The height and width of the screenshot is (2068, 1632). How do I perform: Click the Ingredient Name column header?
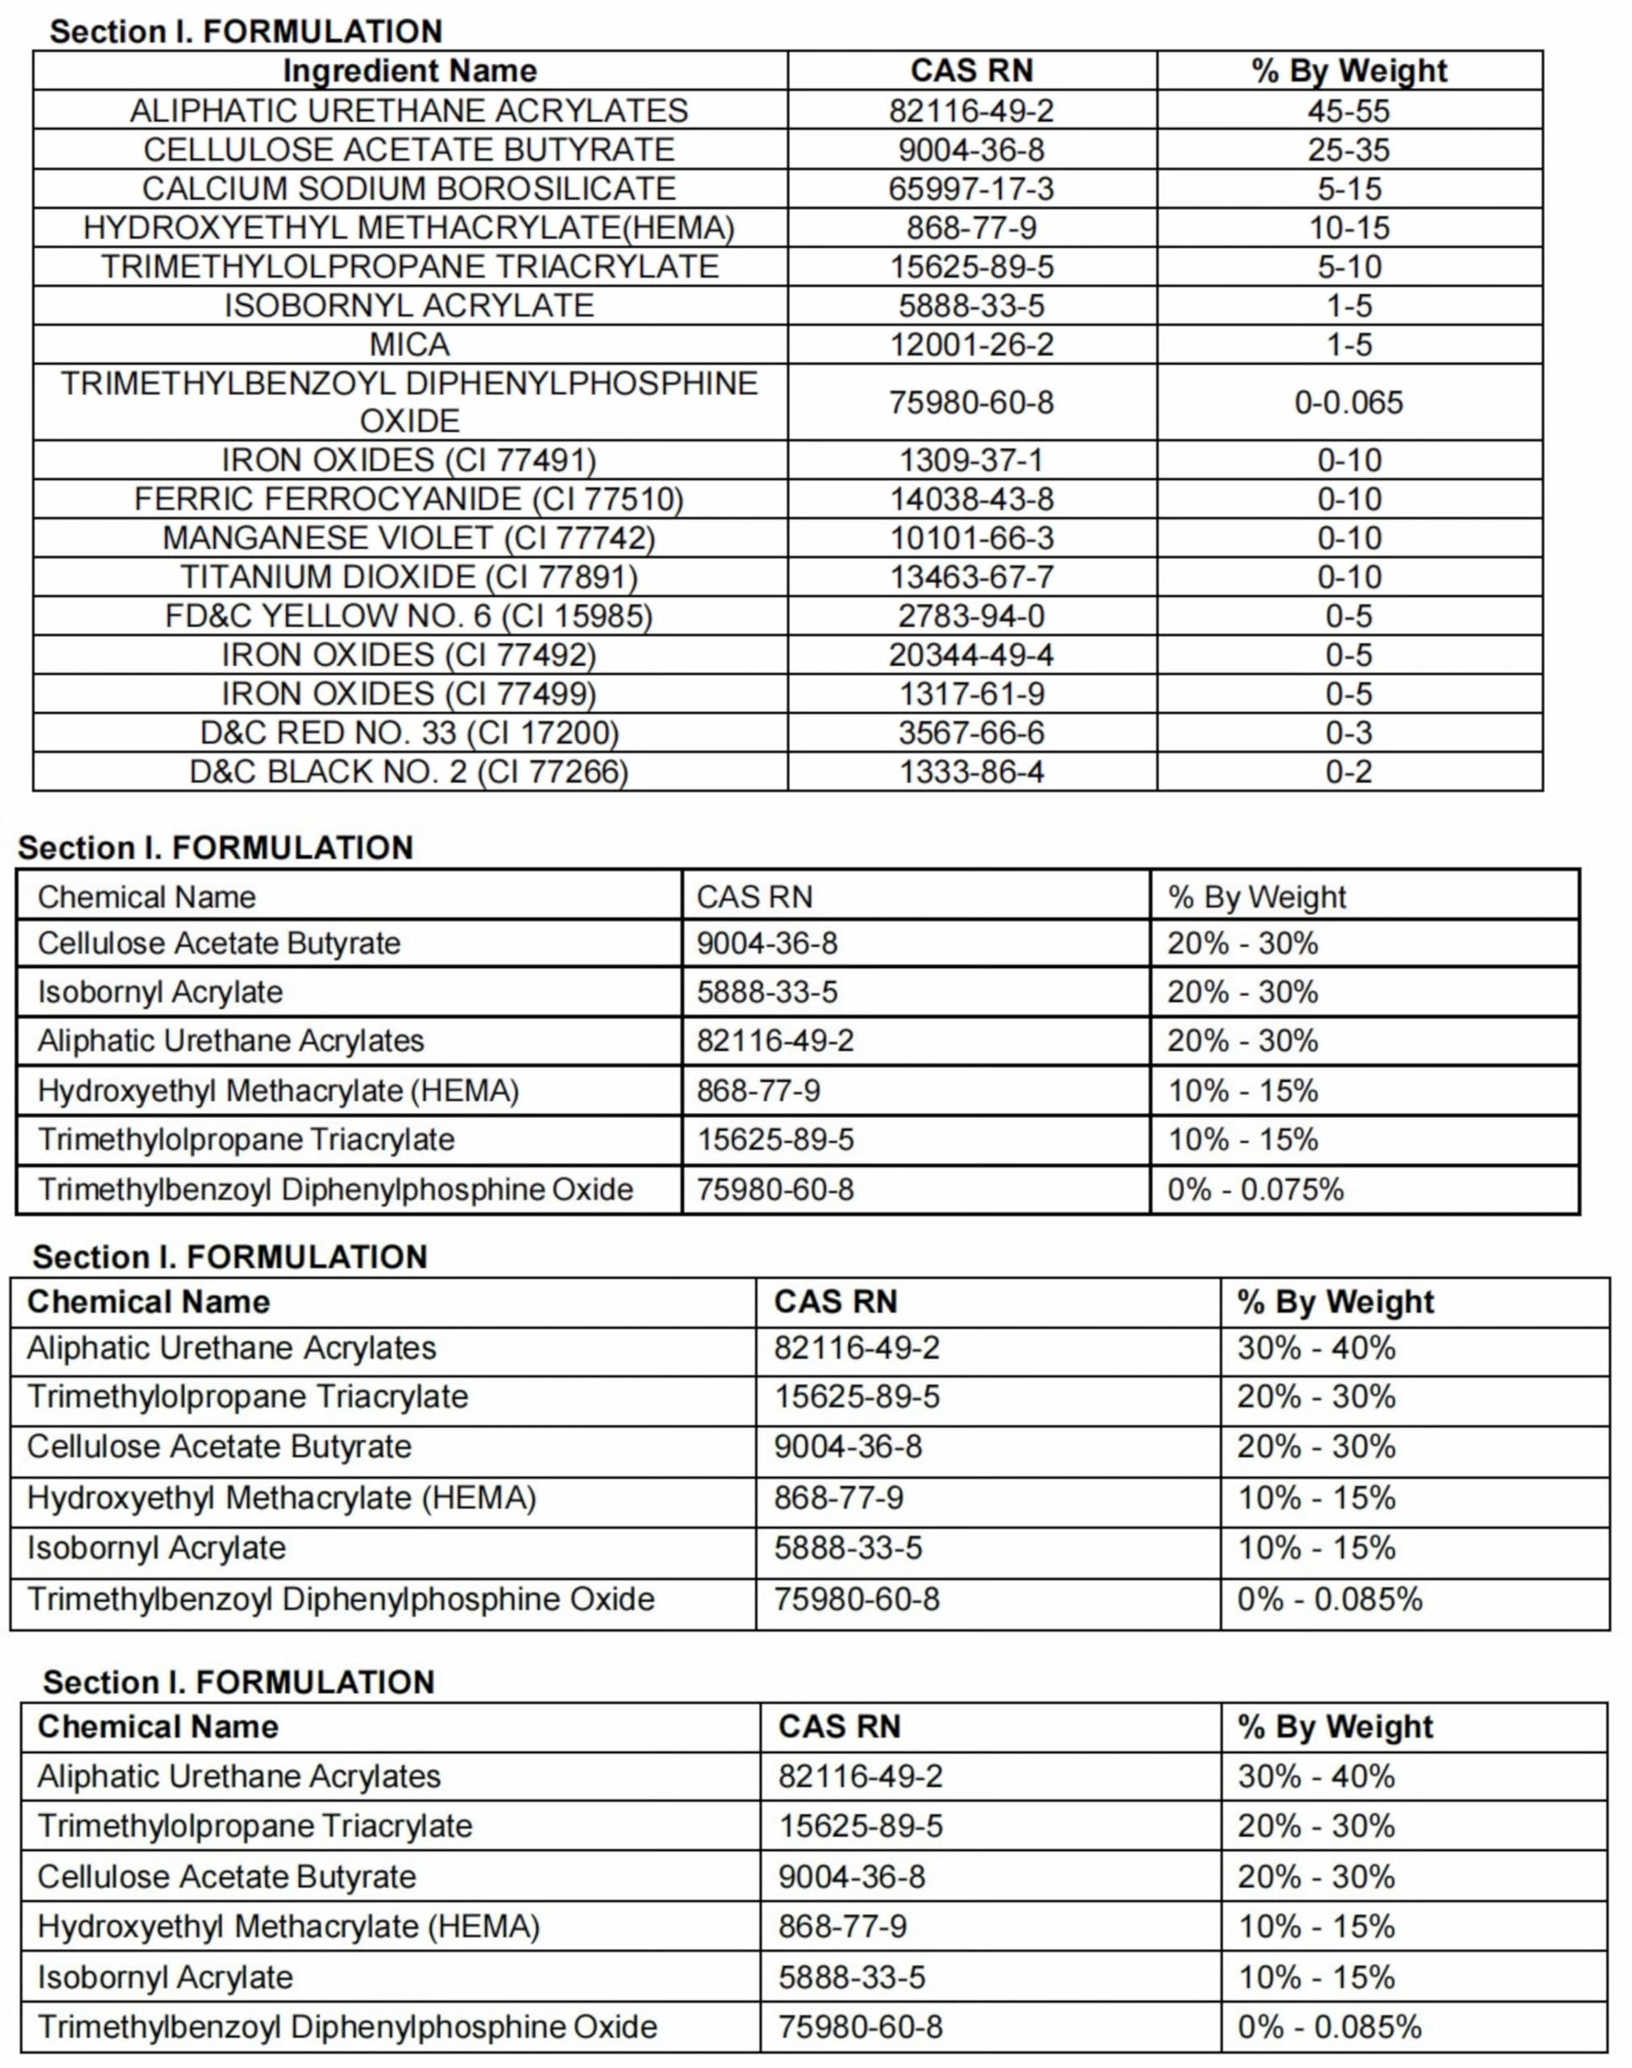409,70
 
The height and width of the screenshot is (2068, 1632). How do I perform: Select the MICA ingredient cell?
409,344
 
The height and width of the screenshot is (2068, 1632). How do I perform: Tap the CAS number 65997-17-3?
971,188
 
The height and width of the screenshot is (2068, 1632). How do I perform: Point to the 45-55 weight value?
1349,111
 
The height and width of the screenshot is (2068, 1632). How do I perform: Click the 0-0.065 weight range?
1349,403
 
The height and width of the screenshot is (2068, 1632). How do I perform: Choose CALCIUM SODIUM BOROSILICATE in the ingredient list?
409,188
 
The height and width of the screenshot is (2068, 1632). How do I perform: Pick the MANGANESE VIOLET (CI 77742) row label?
409,538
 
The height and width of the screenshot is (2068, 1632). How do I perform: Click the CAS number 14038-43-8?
971,499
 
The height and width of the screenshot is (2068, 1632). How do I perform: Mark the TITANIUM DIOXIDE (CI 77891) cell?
409,577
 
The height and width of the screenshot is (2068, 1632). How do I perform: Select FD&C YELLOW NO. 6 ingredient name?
409,616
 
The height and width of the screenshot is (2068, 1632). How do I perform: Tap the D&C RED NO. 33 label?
409,733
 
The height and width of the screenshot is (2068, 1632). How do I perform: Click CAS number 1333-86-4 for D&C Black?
971,771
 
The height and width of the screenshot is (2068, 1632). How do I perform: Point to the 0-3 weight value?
1349,733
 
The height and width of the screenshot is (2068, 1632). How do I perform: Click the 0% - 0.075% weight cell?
1255,1189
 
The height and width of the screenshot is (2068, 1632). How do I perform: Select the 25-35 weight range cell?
1349,150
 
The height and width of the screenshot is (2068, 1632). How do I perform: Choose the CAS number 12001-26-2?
971,344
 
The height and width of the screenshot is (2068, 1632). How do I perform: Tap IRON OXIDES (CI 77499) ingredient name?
409,694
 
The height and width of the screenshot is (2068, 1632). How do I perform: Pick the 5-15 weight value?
1349,188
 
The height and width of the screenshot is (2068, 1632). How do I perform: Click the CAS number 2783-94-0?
971,616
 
